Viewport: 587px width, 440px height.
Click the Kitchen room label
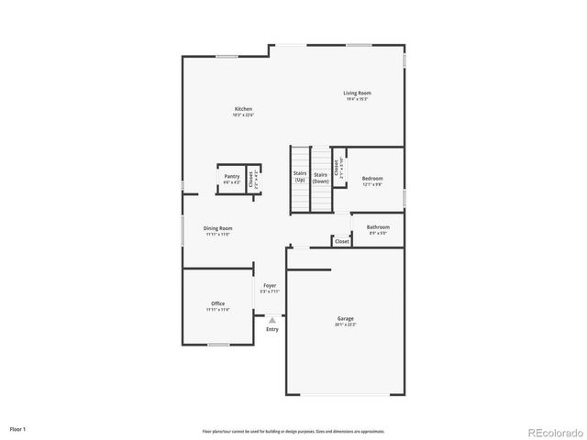point(243,109)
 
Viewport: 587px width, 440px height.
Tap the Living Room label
point(357,93)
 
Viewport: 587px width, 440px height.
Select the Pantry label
point(232,176)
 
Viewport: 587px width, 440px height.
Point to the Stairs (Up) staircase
point(299,177)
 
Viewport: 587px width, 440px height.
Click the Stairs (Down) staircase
point(320,177)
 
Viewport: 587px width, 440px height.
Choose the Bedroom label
point(371,179)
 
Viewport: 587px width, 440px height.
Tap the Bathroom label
point(378,226)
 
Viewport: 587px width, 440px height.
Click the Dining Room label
point(218,227)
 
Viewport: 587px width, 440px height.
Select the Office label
point(217,303)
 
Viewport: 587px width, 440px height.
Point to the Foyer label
point(270,286)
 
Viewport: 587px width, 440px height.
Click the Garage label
point(345,318)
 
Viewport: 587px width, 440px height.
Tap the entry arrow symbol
point(271,320)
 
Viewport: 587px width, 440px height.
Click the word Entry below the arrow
point(271,329)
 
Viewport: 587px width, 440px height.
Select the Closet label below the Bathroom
point(341,241)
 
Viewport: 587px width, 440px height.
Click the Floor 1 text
point(18,428)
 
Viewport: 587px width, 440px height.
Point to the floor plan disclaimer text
point(293,431)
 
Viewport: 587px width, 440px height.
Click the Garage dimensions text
point(345,324)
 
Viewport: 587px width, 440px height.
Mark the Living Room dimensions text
point(357,99)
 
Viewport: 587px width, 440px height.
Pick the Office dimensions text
point(217,310)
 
